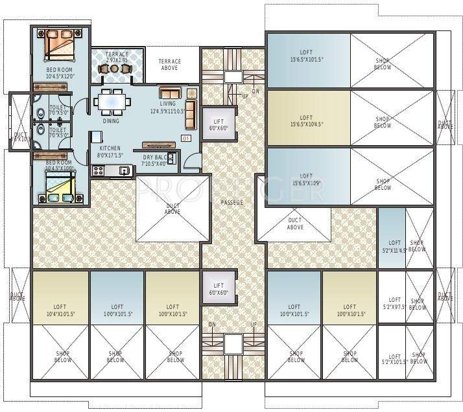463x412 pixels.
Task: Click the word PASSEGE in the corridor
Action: pos(232,203)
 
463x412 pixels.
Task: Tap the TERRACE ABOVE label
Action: pos(170,65)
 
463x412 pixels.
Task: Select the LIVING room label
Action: pos(167,103)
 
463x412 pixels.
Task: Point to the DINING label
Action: pos(111,121)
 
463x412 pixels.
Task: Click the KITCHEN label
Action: pos(110,148)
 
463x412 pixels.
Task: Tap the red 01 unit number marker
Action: pos(185,139)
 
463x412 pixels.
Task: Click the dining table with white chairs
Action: pos(113,102)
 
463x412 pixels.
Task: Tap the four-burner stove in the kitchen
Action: pos(99,170)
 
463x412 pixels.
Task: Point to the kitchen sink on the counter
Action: pos(123,170)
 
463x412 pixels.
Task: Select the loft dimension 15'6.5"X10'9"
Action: pos(305,183)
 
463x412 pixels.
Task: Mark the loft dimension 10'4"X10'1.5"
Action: pos(60,314)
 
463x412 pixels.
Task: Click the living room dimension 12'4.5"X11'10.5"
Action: pos(167,111)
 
